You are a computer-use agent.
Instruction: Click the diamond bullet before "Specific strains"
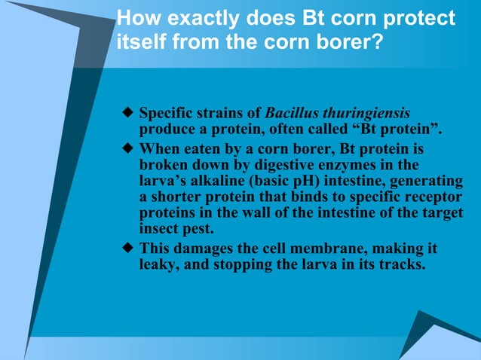127,114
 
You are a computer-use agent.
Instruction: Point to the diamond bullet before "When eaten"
127,149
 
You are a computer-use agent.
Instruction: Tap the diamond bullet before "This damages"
127,248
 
